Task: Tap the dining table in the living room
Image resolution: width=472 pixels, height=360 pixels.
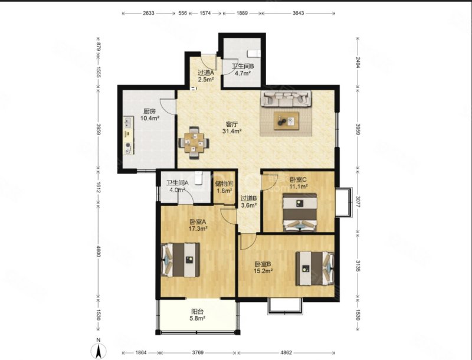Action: (194, 143)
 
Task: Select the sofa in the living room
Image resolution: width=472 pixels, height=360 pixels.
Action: (286, 99)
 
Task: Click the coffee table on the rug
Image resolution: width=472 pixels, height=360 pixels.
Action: (286, 121)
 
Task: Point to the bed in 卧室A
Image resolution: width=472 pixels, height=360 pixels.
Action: (181, 260)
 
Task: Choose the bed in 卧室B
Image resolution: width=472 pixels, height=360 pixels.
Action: (315, 269)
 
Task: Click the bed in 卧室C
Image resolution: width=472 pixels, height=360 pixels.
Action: (300, 212)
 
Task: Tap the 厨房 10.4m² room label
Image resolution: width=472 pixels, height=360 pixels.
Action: (150, 114)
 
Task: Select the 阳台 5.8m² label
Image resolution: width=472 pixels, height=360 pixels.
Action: (198, 315)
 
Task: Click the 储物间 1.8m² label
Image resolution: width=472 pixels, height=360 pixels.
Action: (224, 187)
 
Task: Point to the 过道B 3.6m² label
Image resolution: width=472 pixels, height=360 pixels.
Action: (248, 202)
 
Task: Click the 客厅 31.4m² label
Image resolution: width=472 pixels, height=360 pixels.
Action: (232, 127)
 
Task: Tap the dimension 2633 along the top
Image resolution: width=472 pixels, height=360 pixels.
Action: (149, 13)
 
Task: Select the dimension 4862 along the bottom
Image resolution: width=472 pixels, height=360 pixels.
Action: (286, 352)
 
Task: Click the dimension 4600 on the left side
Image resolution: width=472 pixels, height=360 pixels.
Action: (98, 251)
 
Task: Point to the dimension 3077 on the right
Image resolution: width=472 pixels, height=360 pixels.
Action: (358, 202)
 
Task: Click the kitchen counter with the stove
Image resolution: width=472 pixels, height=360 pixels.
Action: (128, 136)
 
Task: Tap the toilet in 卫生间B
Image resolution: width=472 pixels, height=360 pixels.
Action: (254, 53)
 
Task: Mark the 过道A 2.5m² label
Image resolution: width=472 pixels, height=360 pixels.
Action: (206, 76)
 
